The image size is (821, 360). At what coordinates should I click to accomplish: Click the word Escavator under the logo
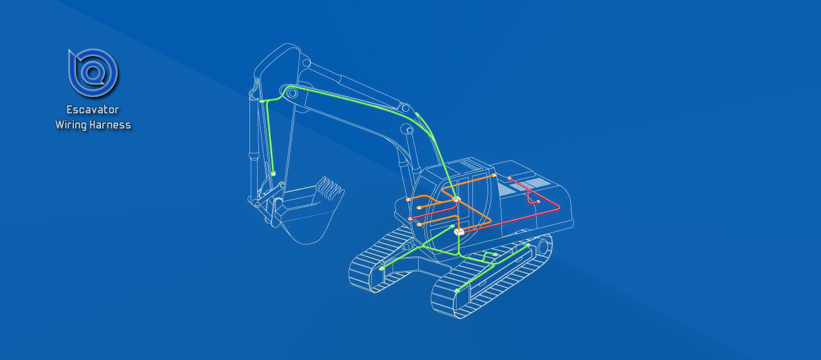[93, 110]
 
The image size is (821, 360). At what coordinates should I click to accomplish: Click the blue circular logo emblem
[93, 73]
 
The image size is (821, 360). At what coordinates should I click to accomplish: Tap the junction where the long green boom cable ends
[457, 199]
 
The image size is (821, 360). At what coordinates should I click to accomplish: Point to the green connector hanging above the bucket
[273, 174]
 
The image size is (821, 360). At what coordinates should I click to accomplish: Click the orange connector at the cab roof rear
[494, 176]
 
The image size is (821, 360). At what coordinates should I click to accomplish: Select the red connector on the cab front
[410, 219]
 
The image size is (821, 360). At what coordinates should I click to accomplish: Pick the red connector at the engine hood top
[510, 179]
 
